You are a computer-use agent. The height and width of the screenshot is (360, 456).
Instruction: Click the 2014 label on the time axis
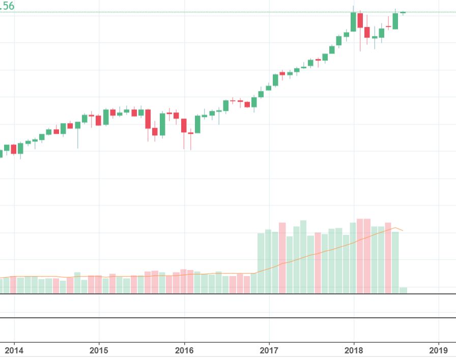tap(14, 350)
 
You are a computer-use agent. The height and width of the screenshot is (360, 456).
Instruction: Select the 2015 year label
tap(99, 350)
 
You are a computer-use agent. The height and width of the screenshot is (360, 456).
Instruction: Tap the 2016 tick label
tap(184, 350)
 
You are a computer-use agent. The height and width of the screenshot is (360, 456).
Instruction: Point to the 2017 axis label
tap(269, 350)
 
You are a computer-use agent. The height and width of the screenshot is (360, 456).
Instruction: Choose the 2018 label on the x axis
tap(354, 350)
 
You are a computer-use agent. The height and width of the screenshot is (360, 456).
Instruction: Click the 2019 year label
tap(438, 350)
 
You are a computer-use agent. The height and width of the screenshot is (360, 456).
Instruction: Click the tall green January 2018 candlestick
tap(353, 22)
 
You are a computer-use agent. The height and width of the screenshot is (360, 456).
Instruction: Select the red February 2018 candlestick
tap(360, 20)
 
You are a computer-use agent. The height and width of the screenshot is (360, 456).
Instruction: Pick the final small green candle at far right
tap(403, 12)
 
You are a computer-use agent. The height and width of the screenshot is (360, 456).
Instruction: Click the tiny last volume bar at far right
tap(403, 290)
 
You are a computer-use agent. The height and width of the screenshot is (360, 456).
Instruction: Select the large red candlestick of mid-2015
tap(148, 119)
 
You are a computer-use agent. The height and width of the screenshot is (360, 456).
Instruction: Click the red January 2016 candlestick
tap(184, 126)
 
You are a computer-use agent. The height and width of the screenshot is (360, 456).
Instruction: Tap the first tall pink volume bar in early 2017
tap(282, 258)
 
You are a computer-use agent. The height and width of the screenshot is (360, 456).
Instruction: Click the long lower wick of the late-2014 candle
tap(78, 140)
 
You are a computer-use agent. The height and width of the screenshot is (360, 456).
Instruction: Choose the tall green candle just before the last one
tap(395, 21)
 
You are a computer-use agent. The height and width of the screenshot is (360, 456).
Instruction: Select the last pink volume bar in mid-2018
tap(388, 258)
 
